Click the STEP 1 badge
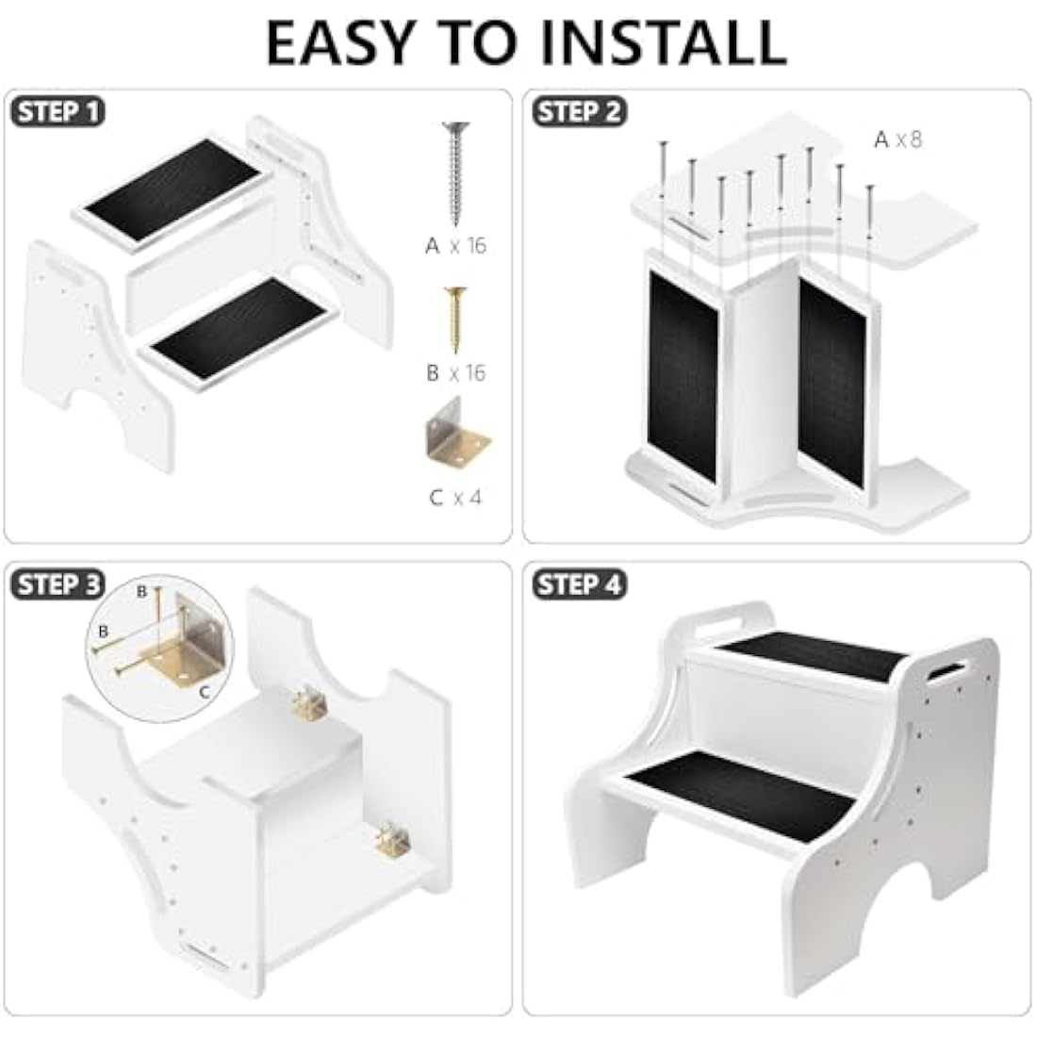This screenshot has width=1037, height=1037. [58, 112]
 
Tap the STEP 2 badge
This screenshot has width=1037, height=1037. [579, 112]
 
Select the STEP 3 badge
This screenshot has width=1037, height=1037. [58, 584]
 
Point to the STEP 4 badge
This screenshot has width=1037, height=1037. [579, 584]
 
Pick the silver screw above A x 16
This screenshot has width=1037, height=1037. [455, 173]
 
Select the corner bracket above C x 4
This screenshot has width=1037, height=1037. [457, 436]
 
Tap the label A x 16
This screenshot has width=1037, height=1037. [455, 246]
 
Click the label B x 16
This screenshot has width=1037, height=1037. [455, 373]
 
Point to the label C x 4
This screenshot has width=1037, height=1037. [455, 498]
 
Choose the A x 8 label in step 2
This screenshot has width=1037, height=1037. [897, 140]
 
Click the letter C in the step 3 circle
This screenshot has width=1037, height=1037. [204, 693]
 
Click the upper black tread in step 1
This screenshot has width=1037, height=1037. [173, 190]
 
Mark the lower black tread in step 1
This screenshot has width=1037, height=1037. [242, 329]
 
